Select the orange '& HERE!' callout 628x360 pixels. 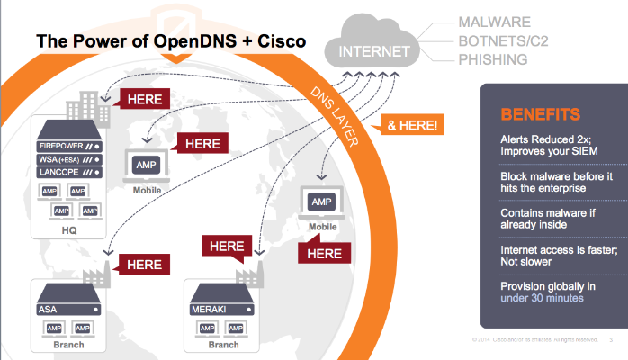[x=412, y=126]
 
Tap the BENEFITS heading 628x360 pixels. [x=540, y=114]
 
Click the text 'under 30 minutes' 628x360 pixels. [x=536, y=298]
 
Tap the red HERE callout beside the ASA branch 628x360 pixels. [x=143, y=264]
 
